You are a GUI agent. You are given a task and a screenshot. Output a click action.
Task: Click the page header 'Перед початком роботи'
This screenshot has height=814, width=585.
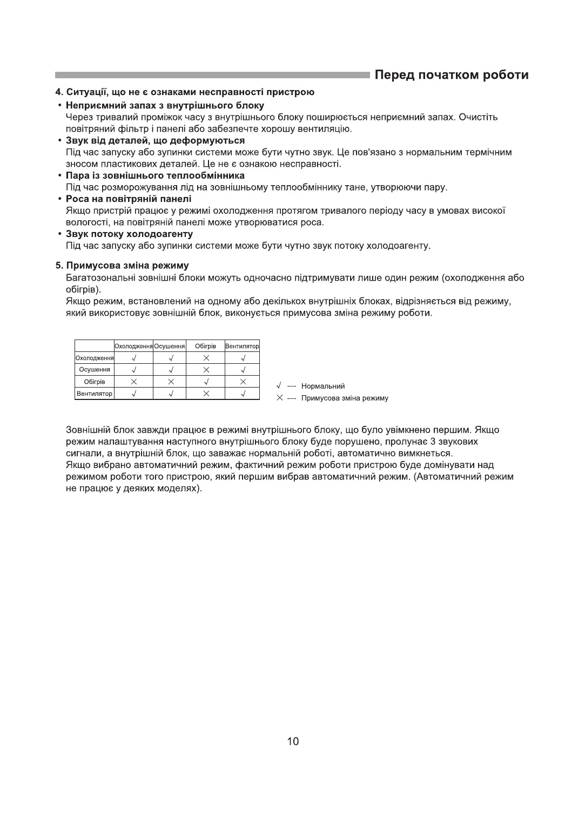(452, 75)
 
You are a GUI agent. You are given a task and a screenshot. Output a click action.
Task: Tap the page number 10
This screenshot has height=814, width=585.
(293, 741)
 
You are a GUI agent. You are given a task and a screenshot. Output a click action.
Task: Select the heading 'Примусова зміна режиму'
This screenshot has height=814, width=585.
(127, 266)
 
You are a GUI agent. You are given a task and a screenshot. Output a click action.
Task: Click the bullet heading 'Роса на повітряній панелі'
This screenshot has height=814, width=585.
(128, 199)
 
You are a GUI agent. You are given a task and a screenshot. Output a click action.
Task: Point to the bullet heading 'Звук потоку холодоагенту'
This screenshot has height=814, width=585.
(129, 234)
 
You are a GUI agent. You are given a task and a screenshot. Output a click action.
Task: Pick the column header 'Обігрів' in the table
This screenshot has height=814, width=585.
(205, 346)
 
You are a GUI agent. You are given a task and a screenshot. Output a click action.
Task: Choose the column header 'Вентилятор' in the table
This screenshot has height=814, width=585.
(243, 346)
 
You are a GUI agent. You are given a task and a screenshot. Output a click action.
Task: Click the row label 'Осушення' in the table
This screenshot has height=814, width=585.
(95, 370)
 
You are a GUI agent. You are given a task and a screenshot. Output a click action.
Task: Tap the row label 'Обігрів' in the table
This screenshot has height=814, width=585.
(95, 382)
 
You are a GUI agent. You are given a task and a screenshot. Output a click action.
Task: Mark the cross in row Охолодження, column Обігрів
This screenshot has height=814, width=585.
(206, 358)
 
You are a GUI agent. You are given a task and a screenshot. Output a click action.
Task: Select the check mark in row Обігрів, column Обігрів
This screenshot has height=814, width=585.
(206, 382)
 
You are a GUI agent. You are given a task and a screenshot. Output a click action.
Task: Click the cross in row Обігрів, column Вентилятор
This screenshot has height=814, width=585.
(243, 382)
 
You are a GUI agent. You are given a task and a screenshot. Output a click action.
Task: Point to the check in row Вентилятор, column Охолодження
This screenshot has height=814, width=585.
(134, 394)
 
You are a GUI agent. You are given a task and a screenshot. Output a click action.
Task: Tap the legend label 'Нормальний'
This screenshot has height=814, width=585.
(323, 386)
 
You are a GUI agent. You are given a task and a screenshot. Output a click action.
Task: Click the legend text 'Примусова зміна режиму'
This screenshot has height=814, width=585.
(345, 398)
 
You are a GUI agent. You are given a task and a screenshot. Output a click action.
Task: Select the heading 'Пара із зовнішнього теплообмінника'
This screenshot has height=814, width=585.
(155, 176)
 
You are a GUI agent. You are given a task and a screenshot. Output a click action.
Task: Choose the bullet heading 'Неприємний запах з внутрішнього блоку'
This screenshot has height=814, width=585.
(165, 105)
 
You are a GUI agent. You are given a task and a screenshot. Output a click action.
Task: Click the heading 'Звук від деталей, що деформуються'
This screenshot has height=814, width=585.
(155, 141)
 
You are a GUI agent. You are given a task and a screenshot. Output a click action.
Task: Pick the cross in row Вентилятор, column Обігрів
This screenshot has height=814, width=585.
(206, 394)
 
